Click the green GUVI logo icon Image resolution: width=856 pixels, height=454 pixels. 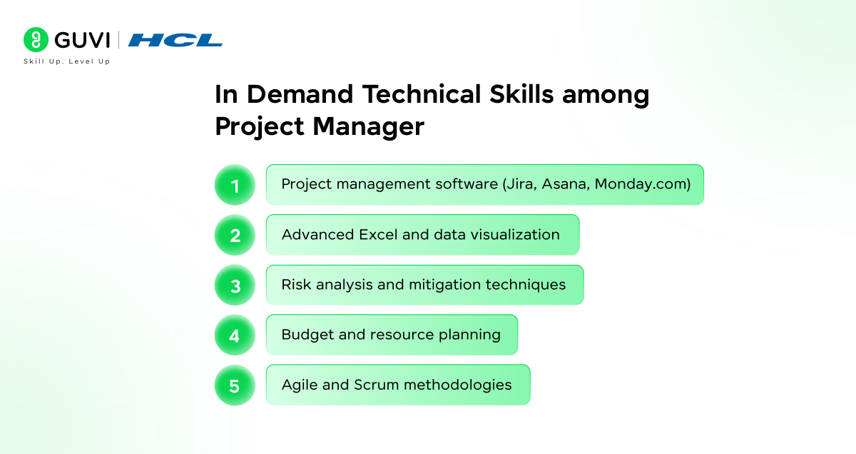[x=35, y=39]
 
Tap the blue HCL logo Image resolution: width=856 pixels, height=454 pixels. [x=175, y=40]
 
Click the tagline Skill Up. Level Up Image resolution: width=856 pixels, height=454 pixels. [x=66, y=61]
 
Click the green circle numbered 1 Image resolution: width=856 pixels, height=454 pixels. [x=235, y=185]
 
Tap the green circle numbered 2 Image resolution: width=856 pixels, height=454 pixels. [x=235, y=235]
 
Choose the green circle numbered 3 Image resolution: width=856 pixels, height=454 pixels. [x=235, y=286]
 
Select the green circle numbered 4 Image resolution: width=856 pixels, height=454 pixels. [x=235, y=336]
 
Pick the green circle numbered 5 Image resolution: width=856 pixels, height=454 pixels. [x=235, y=385]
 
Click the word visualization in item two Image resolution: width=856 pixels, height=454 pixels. [x=516, y=235]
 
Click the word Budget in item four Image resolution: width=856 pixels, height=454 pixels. [x=305, y=335]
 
